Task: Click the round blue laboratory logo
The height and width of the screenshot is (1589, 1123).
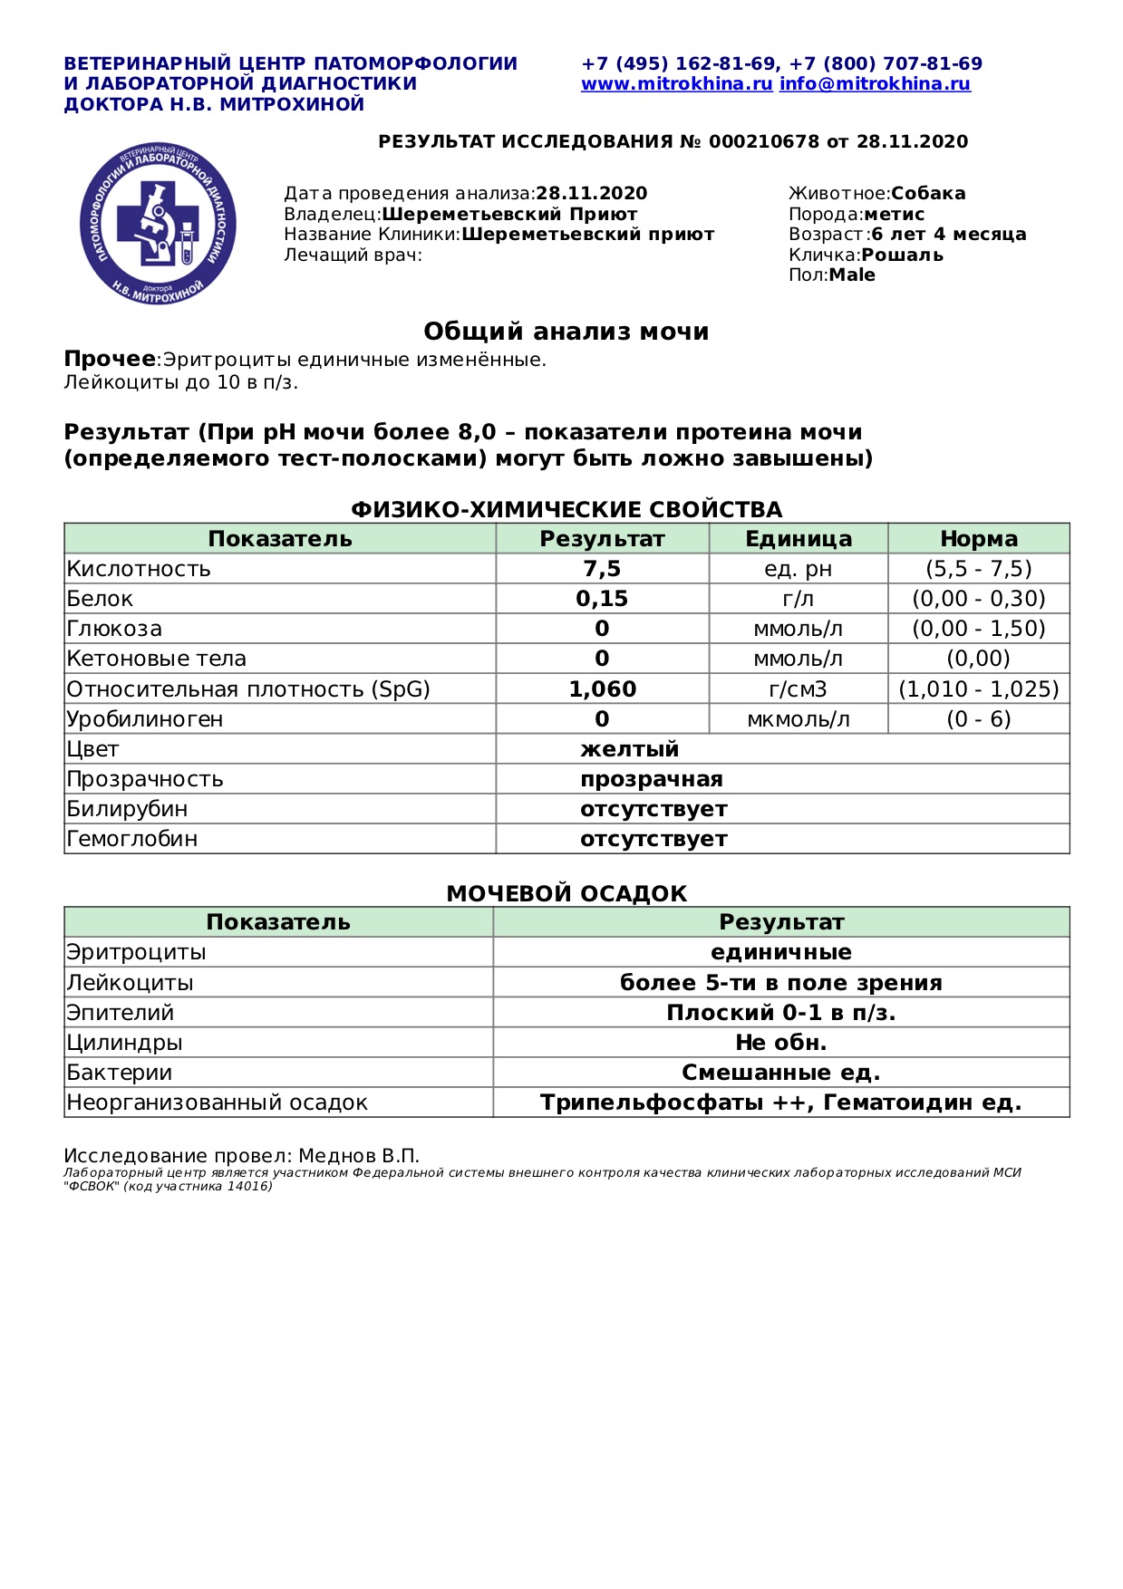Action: (x=159, y=223)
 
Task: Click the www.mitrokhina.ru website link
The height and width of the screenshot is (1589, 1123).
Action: (x=676, y=84)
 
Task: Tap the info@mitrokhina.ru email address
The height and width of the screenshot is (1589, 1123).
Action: (x=875, y=84)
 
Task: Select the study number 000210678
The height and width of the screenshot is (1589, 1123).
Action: (x=763, y=142)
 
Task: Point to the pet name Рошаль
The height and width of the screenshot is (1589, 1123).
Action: (x=902, y=255)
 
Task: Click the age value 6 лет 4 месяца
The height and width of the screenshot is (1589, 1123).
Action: (x=949, y=235)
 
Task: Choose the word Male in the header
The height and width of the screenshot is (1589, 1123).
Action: (x=852, y=275)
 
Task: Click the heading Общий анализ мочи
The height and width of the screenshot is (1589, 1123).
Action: (x=566, y=332)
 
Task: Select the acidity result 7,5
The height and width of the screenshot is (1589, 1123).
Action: (x=602, y=569)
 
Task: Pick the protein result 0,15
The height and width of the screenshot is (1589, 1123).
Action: (x=602, y=599)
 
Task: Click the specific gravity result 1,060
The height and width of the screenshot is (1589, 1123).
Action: (x=602, y=689)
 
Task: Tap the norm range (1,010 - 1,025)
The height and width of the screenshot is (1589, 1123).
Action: (x=978, y=689)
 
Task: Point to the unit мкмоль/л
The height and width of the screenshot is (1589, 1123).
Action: (x=798, y=719)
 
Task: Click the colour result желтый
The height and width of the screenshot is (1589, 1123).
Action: (x=629, y=749)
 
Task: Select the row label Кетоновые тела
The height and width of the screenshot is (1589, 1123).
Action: (x=156, y=659)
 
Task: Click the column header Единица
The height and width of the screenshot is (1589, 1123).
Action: (x=798, y=539)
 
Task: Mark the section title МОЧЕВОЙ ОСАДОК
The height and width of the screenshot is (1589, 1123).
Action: (x=566, y=894)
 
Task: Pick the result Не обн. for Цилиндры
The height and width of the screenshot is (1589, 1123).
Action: (x=780, y=1043)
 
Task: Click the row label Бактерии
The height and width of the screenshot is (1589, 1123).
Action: (x=119, y=1073)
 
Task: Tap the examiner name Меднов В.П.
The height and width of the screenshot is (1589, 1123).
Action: (x=359, y=1156)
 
